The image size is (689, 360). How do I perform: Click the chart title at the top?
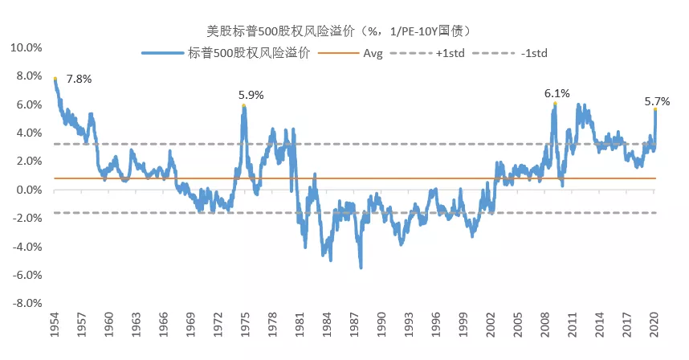click(344, 31)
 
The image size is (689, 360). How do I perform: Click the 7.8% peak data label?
click(79, 80)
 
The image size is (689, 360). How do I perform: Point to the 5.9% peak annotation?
click(251, 95)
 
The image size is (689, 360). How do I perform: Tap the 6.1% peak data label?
click(556, 93)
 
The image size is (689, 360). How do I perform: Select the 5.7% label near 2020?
click(657, 101)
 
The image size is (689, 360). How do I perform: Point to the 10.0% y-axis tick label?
click(26, 47)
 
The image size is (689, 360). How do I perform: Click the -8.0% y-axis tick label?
click(26, 304)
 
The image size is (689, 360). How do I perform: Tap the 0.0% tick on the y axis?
click(28, 190)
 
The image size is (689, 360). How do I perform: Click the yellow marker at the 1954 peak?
click(55, 79)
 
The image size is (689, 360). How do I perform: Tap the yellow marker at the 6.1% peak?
click(555, 104)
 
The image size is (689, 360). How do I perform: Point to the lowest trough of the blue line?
click(361, 267)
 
